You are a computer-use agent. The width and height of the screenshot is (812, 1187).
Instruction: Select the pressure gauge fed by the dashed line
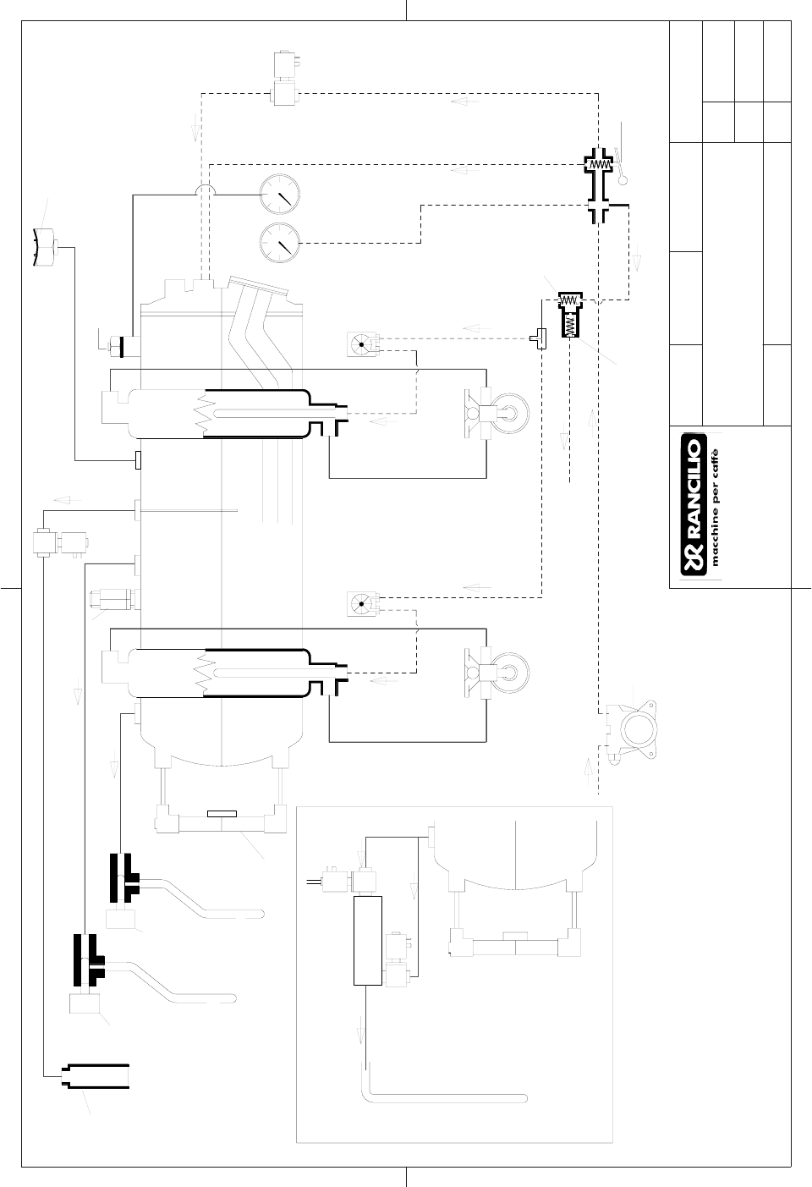pyautogui.click(x=280, y=243)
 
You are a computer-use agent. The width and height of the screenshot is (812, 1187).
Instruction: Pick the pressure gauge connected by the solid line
pyautogui.click(x=280, y=195)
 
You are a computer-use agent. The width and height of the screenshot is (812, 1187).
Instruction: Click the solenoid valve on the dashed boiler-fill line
pyautogui.click(x=286, y=79)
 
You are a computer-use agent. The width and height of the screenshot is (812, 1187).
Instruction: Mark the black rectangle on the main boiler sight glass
pyautogui.click(x=222, y=814)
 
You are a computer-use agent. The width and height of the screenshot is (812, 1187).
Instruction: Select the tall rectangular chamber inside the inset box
pyautogui.click(x=368, y=941)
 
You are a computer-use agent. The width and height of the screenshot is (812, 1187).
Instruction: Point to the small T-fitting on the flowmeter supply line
pyautogui.click(x=539, y=338)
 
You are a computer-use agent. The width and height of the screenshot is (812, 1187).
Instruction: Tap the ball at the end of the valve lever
pyautogui.click(x=623, y=180)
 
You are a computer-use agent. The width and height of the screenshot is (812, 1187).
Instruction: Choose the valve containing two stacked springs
pyautogui.click(x=570, y=314)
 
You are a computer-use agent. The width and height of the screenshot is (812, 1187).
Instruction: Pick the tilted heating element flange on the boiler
pyautogui.click(x=258, y=285)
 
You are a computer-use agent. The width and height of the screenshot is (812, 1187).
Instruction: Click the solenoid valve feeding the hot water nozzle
pyautogui.click(x=60, y=542)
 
